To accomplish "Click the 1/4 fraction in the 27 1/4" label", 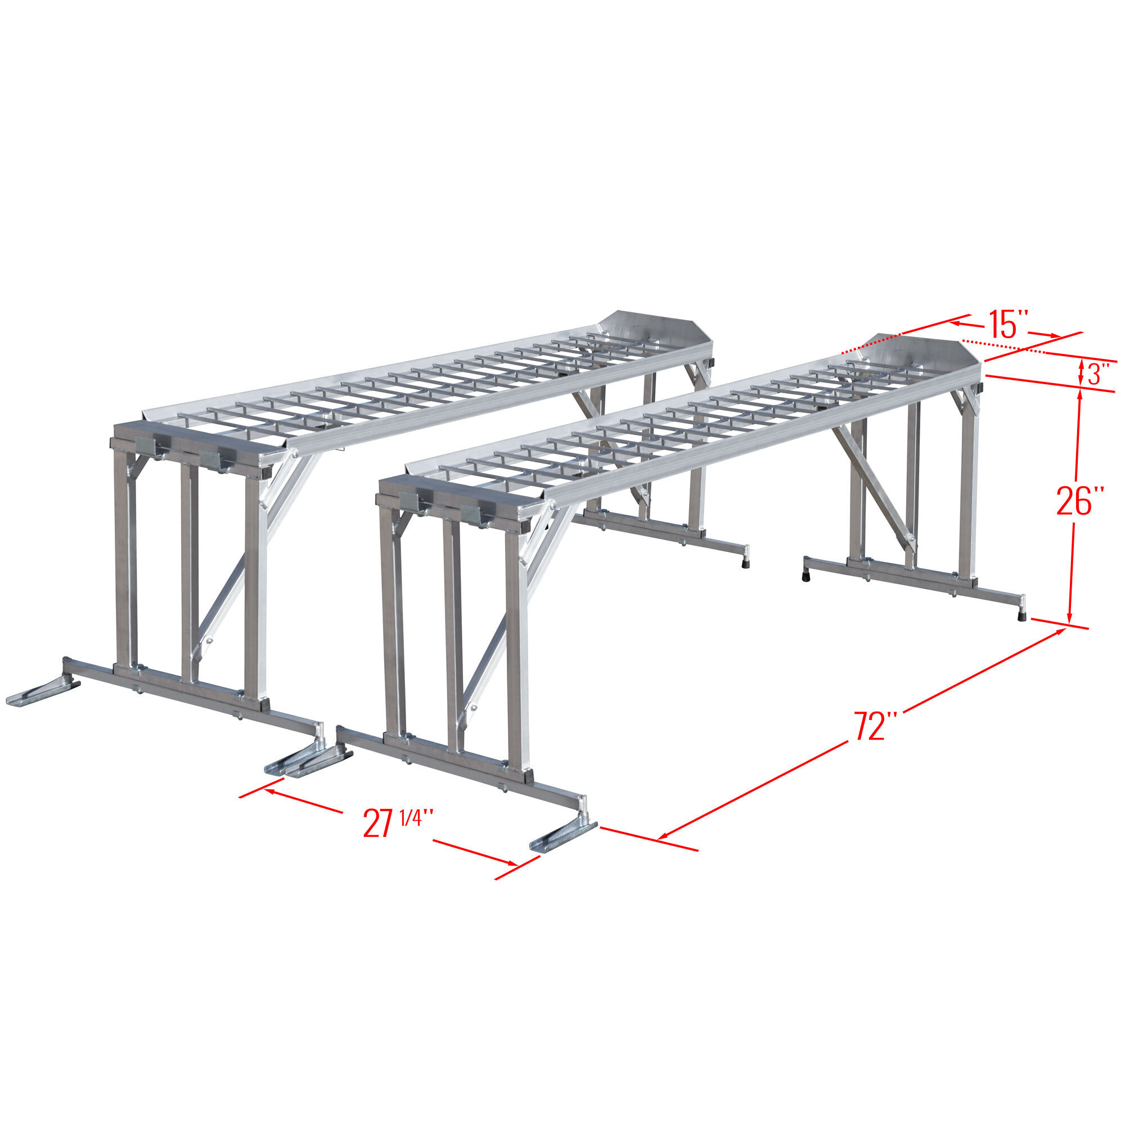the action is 411,816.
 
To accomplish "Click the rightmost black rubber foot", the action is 1022,615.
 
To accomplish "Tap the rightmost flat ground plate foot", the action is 562,836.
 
